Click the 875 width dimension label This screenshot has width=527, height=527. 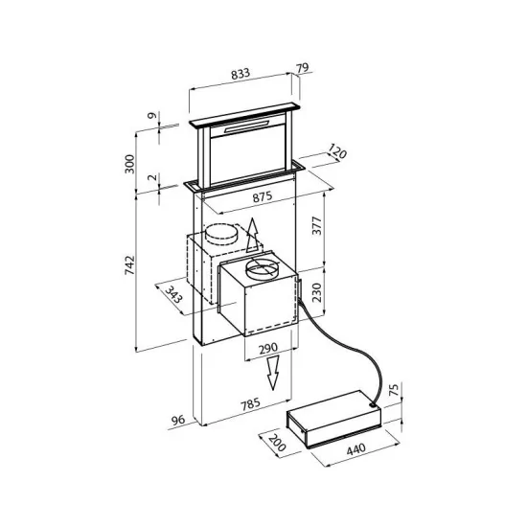pyautogui.click(x=263, y=196)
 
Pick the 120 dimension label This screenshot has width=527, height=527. pyautogui.click(x=334, y=152)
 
